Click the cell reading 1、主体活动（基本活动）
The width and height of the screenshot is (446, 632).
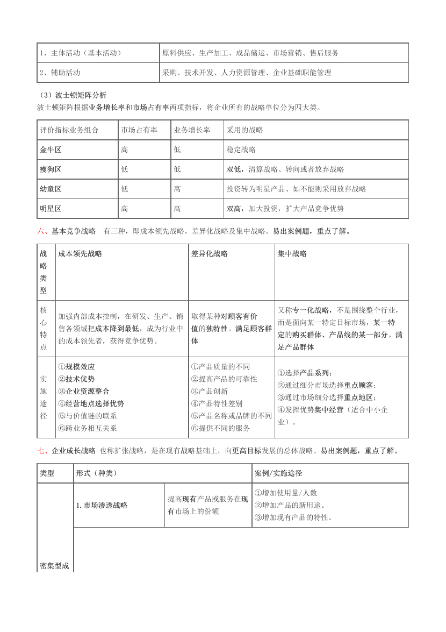(81, 53)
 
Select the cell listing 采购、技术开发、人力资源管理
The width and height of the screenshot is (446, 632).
(247, 73)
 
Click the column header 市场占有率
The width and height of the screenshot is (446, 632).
(139, 130)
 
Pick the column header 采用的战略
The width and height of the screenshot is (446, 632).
(245, 130)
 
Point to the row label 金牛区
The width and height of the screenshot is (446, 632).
(51, 150)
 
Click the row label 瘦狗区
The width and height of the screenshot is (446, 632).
(51, 169)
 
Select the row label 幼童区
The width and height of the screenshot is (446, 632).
(51, 189)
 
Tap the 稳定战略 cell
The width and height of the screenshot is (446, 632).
(241, 150)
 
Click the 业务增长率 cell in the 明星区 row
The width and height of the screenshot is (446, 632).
(177, 209)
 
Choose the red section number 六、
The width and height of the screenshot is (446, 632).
(42, 232)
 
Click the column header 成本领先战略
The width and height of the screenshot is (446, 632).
(80, 253)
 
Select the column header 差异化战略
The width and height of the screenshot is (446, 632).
(210, 253)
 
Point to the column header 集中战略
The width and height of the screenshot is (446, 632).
(292, 253)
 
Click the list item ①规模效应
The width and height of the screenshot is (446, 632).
(77, 367)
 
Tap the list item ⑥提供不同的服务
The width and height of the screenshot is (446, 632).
(220, 428)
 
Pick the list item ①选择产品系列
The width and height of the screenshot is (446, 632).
(305, 373)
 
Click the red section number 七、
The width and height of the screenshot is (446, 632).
(42, 451)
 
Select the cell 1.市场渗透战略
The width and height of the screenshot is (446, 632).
(102, 505)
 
